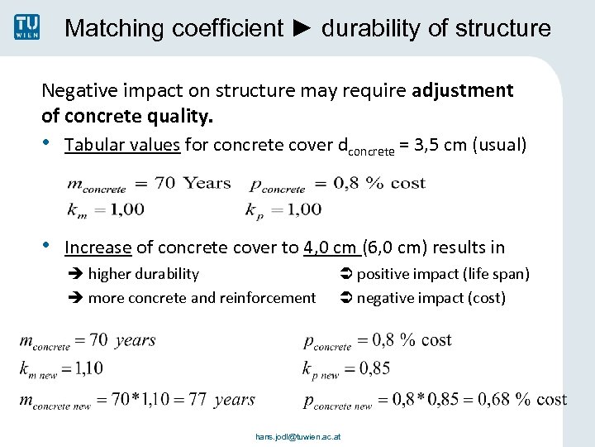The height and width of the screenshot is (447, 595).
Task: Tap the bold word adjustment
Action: [x=463, y=89]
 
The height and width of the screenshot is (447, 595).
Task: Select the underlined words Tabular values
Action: [x=122, y=145]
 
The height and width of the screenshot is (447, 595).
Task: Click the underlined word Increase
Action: [x=98, y=247]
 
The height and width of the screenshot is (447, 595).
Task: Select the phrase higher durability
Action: [x=143, y=273]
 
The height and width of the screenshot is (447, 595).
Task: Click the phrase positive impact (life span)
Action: [x=442, y=273]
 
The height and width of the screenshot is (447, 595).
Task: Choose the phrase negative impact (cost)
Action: [x=431, y=297]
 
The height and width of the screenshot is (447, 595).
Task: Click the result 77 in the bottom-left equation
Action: [x=198, y=400]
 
